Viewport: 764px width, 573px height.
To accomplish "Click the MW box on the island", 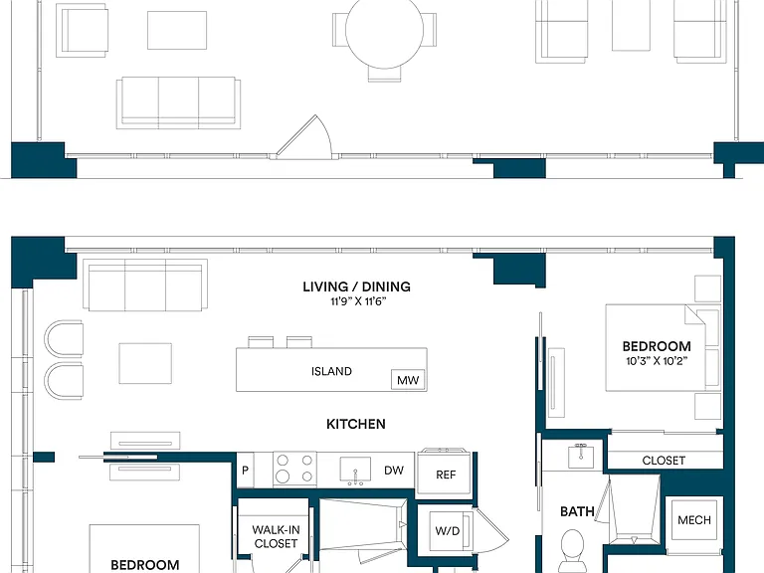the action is pos(408,380).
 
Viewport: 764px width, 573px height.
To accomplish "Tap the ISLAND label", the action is pos(331,371).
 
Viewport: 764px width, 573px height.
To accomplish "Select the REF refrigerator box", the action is pos(446,473).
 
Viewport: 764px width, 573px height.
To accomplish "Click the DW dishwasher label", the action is pos(394,471).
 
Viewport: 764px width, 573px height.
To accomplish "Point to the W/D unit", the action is pos(448,530).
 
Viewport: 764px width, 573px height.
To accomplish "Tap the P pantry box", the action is pos(245,471).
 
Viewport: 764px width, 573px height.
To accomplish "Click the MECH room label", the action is pos(694,520).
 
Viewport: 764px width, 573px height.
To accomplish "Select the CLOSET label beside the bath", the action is pos(664,461).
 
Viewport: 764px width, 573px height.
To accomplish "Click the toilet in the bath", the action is pos(572,551).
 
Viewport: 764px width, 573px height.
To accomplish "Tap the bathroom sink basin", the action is pos(580,456).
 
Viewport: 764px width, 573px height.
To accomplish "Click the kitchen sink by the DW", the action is pos(355,471).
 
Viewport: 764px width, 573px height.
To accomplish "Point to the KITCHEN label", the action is pos(356,424).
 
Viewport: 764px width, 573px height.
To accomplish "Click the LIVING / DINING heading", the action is pos(357,286).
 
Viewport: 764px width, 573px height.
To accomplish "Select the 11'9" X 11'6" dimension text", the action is pos(358,301).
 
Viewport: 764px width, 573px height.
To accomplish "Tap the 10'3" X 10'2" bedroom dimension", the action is pos(657,361).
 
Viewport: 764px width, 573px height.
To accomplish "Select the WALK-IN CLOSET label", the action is pos(276,536).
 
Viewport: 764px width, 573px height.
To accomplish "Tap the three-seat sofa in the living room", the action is pos(145,286).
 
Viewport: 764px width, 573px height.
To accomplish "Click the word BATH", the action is pos(577,511).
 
